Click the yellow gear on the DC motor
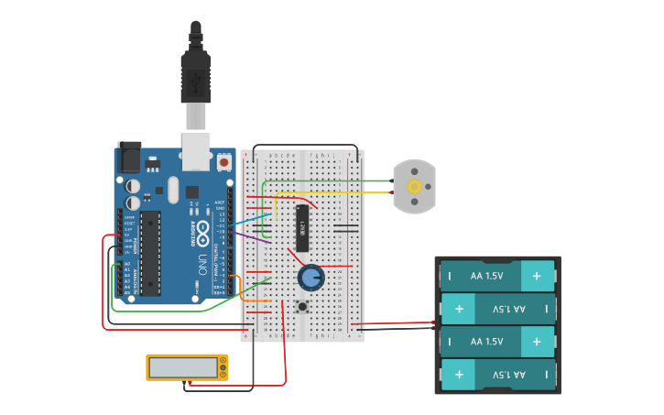pyautogui.click(x=414, y=186)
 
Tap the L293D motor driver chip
pyautogui.click(x=302, y=228)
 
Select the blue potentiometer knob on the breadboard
pyautogui.click(x=311, y=277)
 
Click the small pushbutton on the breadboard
pyautogui.click(x=302, y=305)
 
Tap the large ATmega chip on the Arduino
pyautogui.click(x=150, y=253)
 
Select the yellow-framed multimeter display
pyautogui.click(x=186, y=366)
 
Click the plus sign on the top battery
pyautogui.click(x=538, y=274)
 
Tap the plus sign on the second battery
pyautogui.click(x=458, y=308)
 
